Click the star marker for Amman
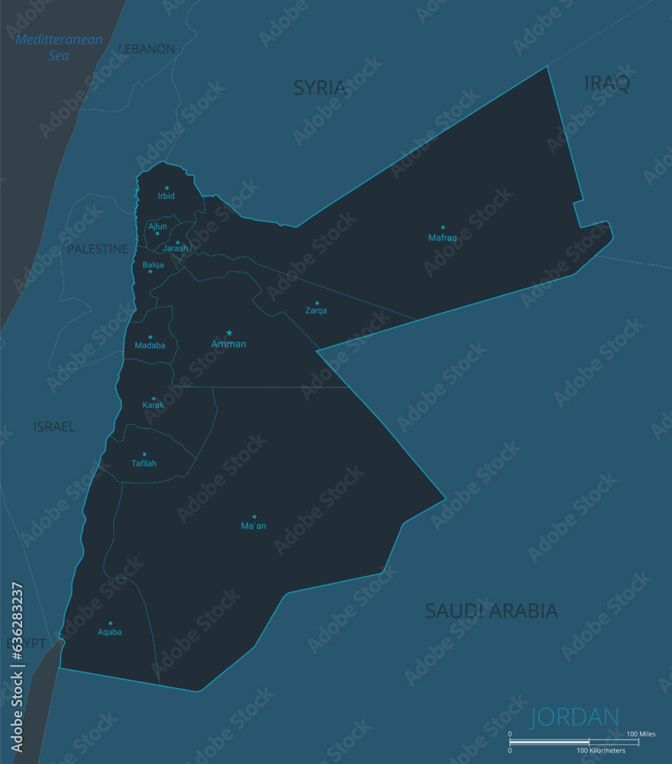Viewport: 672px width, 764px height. (x=229, y=332)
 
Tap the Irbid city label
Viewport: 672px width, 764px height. (x=166, y=196)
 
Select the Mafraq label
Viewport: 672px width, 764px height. (x=442, y=238)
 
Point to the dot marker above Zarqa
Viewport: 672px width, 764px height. (x=317, y=303)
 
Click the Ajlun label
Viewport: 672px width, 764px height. (x=157, y=226)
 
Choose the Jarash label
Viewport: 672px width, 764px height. (x=175, y=248)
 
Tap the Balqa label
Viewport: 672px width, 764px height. (x=153, y=265)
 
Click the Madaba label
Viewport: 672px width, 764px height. (x=150, y=345)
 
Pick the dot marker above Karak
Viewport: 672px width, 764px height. (x=153, y=398)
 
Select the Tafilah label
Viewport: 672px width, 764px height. (x=144, y=463)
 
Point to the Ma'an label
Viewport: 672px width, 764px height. (x=254, y=526)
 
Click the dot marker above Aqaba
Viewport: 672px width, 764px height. (x=110, y=623)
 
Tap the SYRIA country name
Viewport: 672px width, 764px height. (x=320, y=88)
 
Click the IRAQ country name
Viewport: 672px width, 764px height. (x=607, y=83)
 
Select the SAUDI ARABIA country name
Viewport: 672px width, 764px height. (x=491, y=611)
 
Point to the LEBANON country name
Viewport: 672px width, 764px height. (x=147, y=49)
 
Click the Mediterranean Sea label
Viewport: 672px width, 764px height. (x=59, y=47)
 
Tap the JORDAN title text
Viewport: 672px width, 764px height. (x=574, y=717)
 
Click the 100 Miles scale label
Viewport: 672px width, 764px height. (x=641, y=734)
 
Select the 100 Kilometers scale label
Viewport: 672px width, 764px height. (x=601, y=750)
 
